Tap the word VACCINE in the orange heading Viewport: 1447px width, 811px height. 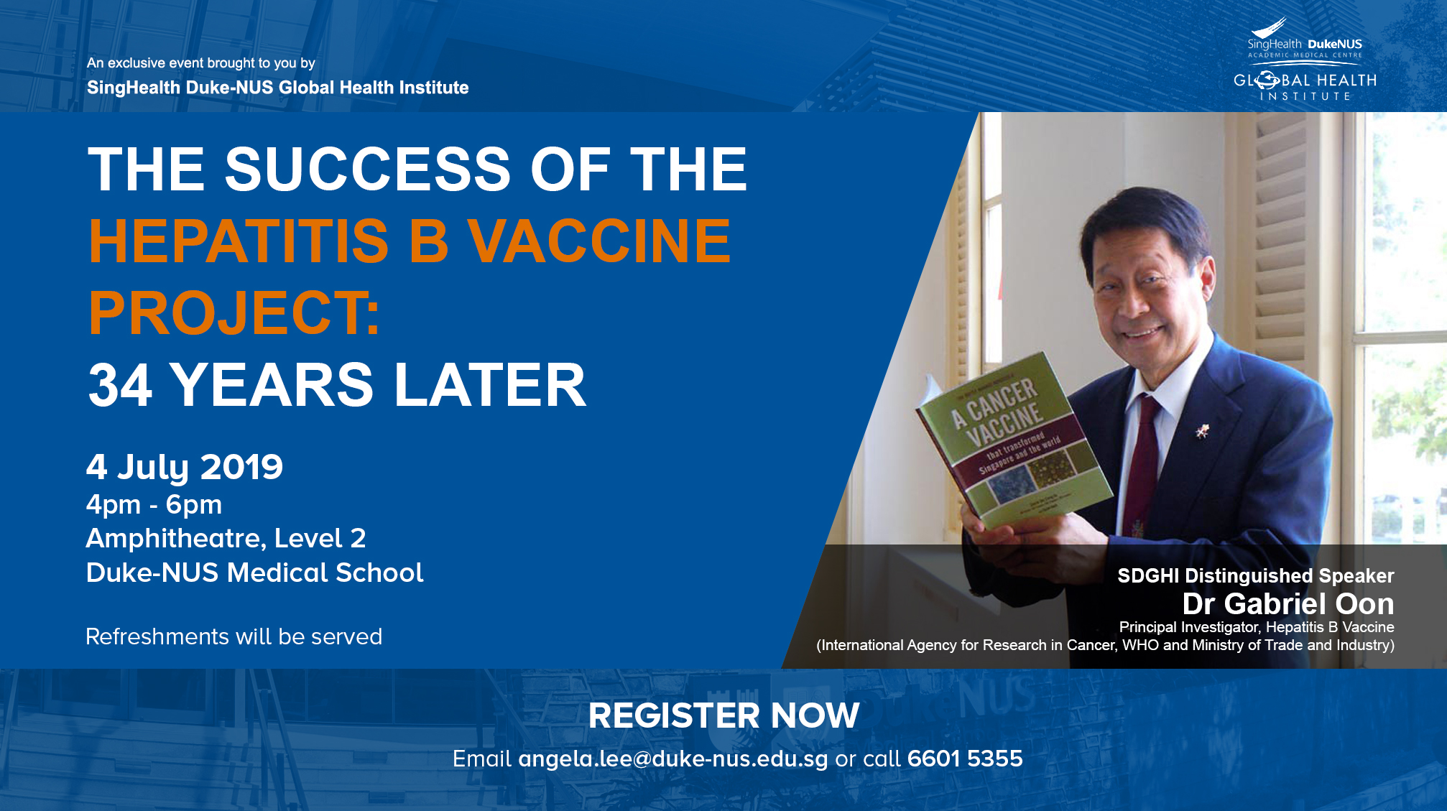(x=599, y=241)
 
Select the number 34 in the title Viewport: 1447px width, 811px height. (x=120, y=385)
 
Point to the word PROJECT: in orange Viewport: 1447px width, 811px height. (x=234, y=313)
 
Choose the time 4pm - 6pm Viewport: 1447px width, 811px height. (x=154, y=505)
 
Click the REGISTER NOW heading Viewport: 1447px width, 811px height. (x=723, y=715)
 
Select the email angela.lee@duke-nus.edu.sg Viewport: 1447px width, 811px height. (x=673, y=759)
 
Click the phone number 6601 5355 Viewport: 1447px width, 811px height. (x=965, y=759)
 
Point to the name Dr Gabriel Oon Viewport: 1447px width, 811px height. (x=1288, y=604)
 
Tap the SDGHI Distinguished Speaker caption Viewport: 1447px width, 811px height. (x=1256, y=576)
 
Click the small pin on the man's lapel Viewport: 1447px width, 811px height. (x=1201, y=431)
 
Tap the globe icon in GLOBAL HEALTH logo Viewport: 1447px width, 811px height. (x=1267, y=80)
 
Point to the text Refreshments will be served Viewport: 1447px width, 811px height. (x=234, y=637)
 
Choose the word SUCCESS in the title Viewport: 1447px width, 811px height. (x=368, y=170)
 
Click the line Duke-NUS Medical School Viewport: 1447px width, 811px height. (x=255, y=573)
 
